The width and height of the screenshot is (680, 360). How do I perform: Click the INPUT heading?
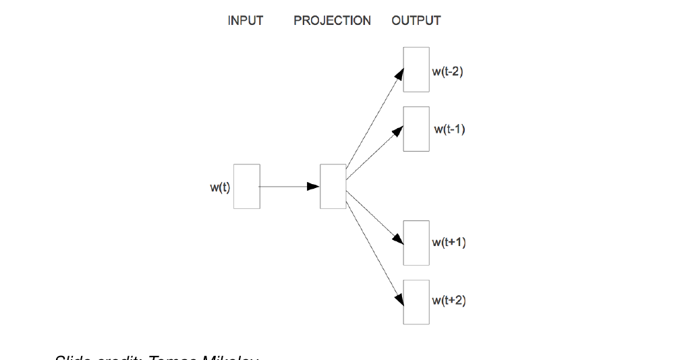[245, 21]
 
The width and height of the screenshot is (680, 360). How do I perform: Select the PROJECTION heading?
[332, 21]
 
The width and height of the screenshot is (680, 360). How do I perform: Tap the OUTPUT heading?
[416, 21]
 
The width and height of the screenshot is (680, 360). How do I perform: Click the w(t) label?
[220, 187]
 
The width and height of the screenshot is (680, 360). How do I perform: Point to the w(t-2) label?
[448, 71]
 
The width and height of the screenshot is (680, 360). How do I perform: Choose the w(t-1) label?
[449, 129]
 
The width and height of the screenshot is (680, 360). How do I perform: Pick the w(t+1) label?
[449, 243]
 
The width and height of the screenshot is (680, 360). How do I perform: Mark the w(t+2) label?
[449, 301]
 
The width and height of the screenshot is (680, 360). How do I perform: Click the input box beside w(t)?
[246, 186]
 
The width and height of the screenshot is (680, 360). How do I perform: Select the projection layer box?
[333, 186]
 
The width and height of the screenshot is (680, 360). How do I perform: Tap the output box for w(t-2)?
[416, 69]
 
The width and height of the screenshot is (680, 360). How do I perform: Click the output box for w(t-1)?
[416, 129]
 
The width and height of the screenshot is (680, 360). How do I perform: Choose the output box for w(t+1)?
[416, 243]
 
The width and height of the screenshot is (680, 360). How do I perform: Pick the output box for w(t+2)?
[416, 302]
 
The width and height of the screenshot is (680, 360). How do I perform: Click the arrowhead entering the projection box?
[314, 186]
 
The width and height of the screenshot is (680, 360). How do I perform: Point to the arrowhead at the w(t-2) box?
[399, 75]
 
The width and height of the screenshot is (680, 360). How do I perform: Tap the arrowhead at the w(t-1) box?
[397, 132]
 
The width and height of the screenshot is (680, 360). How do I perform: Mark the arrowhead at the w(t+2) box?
[399, 297]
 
